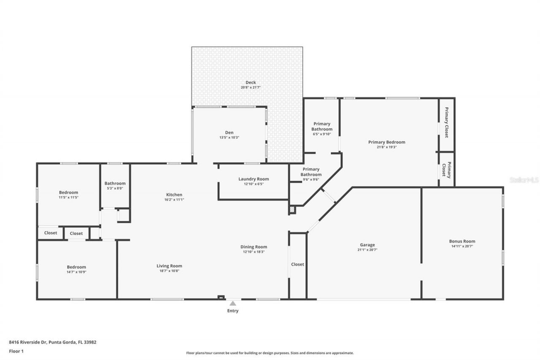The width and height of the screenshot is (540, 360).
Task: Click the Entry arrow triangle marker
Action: coord(232,303)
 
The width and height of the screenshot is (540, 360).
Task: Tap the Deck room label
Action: coord(251,82)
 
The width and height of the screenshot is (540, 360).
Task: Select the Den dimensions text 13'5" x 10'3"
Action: coord(229,137)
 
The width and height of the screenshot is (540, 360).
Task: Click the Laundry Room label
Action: coord(254,179)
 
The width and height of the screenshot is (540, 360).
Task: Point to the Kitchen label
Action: coord(174,195)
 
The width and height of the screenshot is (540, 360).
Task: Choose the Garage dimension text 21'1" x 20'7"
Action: coord(367,249)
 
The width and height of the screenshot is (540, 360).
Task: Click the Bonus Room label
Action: coord(462,241)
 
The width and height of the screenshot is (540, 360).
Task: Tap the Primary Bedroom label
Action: coord(386,142)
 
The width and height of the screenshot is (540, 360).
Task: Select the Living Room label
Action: coord(169,266)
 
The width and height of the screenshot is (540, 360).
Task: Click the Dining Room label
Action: coord(254,247)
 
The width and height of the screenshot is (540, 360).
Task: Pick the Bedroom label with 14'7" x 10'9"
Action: coord(76,267)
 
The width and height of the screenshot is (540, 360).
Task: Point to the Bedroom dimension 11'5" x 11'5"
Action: coord(68,197)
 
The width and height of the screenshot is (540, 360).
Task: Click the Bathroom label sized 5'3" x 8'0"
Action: coord(115,183)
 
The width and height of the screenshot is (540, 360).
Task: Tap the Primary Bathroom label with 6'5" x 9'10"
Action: coord(322,126)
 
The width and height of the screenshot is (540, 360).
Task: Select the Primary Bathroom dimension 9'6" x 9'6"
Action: coord(311,179)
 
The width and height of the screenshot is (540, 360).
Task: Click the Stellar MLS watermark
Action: coord(524,180)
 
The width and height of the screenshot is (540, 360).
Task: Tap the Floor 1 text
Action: coord(16,351)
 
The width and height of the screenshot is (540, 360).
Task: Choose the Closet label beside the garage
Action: coord(297,264)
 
